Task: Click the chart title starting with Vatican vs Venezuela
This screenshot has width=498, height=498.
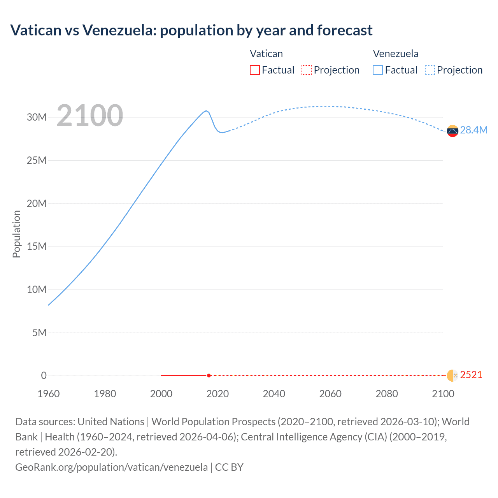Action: coord(191,30)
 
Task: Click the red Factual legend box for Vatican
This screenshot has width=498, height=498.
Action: coord(254,70)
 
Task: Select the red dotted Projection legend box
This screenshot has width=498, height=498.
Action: coord(307,70)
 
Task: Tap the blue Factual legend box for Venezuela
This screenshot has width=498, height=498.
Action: coord(377,70)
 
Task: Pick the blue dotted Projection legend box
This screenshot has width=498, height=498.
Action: coord(430,70)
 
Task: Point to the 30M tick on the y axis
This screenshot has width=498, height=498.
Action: coord(37,117)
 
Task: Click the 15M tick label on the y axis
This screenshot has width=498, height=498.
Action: coord(37,246)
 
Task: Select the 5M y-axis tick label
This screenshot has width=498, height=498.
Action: coord(39,333)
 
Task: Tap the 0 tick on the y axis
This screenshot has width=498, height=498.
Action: coord(44,375)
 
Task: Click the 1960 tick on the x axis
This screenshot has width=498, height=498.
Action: coord(49,394)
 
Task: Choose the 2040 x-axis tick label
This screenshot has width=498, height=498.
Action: coord(274,394)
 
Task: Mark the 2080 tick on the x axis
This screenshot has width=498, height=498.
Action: coord(387,394)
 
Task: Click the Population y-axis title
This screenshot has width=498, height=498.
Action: coord(16,234)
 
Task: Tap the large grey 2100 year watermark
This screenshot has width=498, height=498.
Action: coord(90,116)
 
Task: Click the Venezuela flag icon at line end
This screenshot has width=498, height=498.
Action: coord(452,131)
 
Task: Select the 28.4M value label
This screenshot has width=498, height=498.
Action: coord(473,130)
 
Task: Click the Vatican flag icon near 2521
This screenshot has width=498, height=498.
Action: coord(452,375)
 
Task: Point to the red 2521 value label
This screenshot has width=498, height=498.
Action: coord(471,375)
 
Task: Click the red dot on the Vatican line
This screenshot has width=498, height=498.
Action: coord(209,375)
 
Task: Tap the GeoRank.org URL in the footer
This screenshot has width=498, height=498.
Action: coord(111,467)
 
